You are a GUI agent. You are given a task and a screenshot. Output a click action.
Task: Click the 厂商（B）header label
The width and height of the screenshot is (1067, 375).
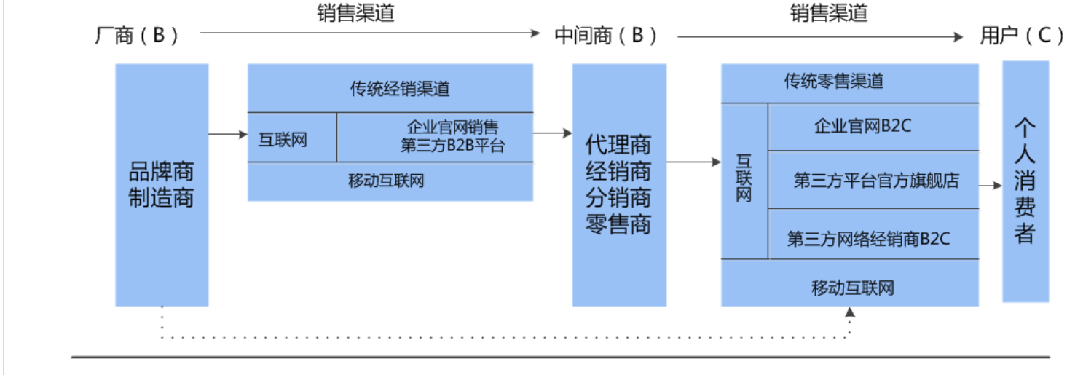tap(137, 36)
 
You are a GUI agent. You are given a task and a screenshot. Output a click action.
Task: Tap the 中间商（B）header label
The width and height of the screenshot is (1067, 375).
tap(606, 36)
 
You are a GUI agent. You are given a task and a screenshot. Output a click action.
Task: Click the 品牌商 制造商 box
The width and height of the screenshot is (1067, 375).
tap(162, 185)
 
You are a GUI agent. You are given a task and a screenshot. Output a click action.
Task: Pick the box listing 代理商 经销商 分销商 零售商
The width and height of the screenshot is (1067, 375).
tap(618, 185)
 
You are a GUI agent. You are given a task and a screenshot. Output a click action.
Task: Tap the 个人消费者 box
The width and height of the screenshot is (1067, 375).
tap(1025, 181)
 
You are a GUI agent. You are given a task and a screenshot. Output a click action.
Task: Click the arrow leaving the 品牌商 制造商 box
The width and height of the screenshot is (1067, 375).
tap(228, 134)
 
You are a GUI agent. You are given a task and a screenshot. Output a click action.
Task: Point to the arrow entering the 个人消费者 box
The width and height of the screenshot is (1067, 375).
tap(991, 186)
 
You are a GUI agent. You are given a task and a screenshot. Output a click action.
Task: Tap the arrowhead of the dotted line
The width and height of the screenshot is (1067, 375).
tap(849, 312)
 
